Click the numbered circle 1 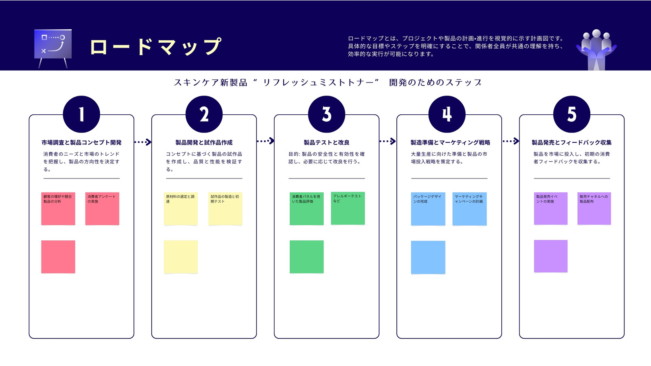click(81, 114)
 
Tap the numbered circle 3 click(327, 114)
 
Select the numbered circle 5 click(572, 114)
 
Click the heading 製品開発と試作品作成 click(204, 142)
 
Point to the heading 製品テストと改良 click(327, 142)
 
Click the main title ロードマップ click(156, 46)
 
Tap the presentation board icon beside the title click(53, 48)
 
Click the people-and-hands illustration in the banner click(596, 50)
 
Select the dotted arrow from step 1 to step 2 click(143, 142)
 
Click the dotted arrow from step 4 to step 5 click(511, 141)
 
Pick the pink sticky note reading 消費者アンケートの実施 click(102, 209)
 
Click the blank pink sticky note click(58, 257)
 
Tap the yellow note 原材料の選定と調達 click(181, 209)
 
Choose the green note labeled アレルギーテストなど click(348, 208)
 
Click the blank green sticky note click(307, 257)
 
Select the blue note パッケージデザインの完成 click(428, 209)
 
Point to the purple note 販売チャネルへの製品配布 click(594, 208)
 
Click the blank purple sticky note click(551, 256)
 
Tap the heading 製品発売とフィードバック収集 click(572, 142)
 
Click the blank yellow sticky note click(181, 257)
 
